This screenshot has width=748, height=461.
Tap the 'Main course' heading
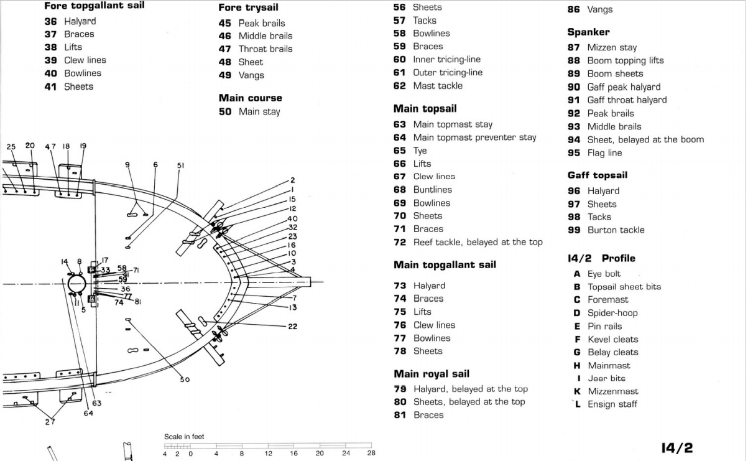[x=250, y=98]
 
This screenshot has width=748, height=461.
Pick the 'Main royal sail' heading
[x=431, y=374]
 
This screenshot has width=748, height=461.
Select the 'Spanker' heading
[x=588, y=32]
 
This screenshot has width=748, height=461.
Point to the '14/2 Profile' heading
[x=601, y=258]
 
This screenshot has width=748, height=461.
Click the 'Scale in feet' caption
[x=184, y=437]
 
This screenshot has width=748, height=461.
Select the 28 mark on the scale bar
[x=371, y=454]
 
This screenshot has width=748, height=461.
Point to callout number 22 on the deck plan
[x=292, y=327]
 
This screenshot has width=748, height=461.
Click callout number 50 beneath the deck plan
[x=185, y=379]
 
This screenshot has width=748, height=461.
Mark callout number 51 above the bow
[x=181, y=165]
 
